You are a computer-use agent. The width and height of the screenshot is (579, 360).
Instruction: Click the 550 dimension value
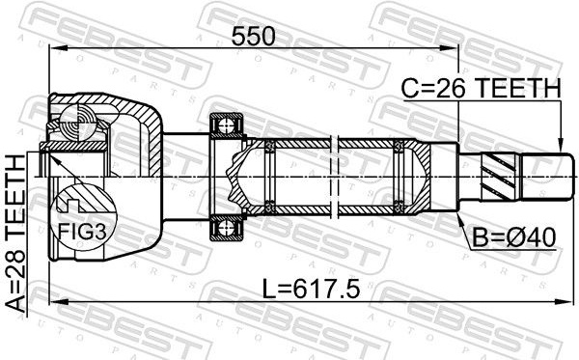(x=253, y=37)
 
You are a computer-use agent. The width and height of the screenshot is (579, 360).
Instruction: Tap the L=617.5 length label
(x=311, y=289)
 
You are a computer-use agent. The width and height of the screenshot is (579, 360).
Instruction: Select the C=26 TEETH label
(x=482, y=89)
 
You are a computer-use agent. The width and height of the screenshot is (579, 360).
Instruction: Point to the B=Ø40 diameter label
(x=514, y=237)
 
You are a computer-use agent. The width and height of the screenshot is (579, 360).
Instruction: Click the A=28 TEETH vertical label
(x=16, y=235)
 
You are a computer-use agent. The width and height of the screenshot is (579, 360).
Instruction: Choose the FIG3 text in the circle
(x=82, y=233)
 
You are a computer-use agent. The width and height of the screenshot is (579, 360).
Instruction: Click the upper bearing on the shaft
(x=227, y=125)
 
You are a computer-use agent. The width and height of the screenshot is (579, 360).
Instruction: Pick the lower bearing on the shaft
(x=227, y=228)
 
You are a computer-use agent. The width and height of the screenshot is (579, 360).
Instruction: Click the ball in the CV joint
(x=78, y=122)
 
